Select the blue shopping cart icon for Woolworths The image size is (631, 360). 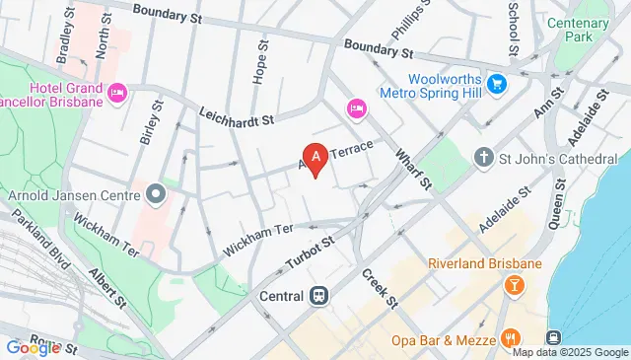coord(497,83)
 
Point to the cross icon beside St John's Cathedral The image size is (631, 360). coord(483,157)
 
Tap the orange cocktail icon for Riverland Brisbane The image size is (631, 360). coord(514,286)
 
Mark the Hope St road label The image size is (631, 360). coord(261,61)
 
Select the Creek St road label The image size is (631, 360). coord(378,287)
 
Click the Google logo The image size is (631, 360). coord(32,347)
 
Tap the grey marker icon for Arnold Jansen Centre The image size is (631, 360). coord(156,192)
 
